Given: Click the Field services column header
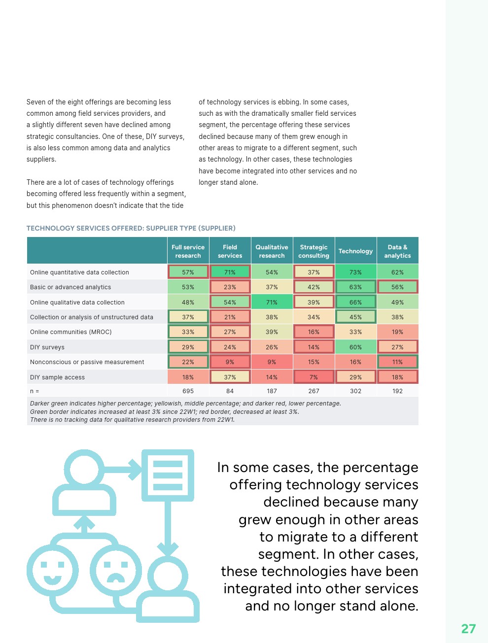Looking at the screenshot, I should coord(230,251).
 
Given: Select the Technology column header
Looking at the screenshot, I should coord(355,251).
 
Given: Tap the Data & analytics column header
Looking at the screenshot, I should coord(397,251).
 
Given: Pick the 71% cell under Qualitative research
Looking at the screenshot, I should coord(272,302).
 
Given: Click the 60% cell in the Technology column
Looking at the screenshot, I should coord(355,347).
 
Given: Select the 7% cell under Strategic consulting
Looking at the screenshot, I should coord(314,377).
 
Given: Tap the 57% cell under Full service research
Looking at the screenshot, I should coord(188,272).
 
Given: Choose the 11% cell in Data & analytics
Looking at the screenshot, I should coord(397,362).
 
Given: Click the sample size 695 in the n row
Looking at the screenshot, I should coord(188,391).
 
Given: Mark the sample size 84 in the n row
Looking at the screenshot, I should coord(230,391).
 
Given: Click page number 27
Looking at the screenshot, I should coord(468,629).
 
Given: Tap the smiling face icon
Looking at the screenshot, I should coord(53,571).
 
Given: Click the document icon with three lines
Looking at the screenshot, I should coord(168,475).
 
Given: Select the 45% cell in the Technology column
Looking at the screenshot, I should coord(355,317).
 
